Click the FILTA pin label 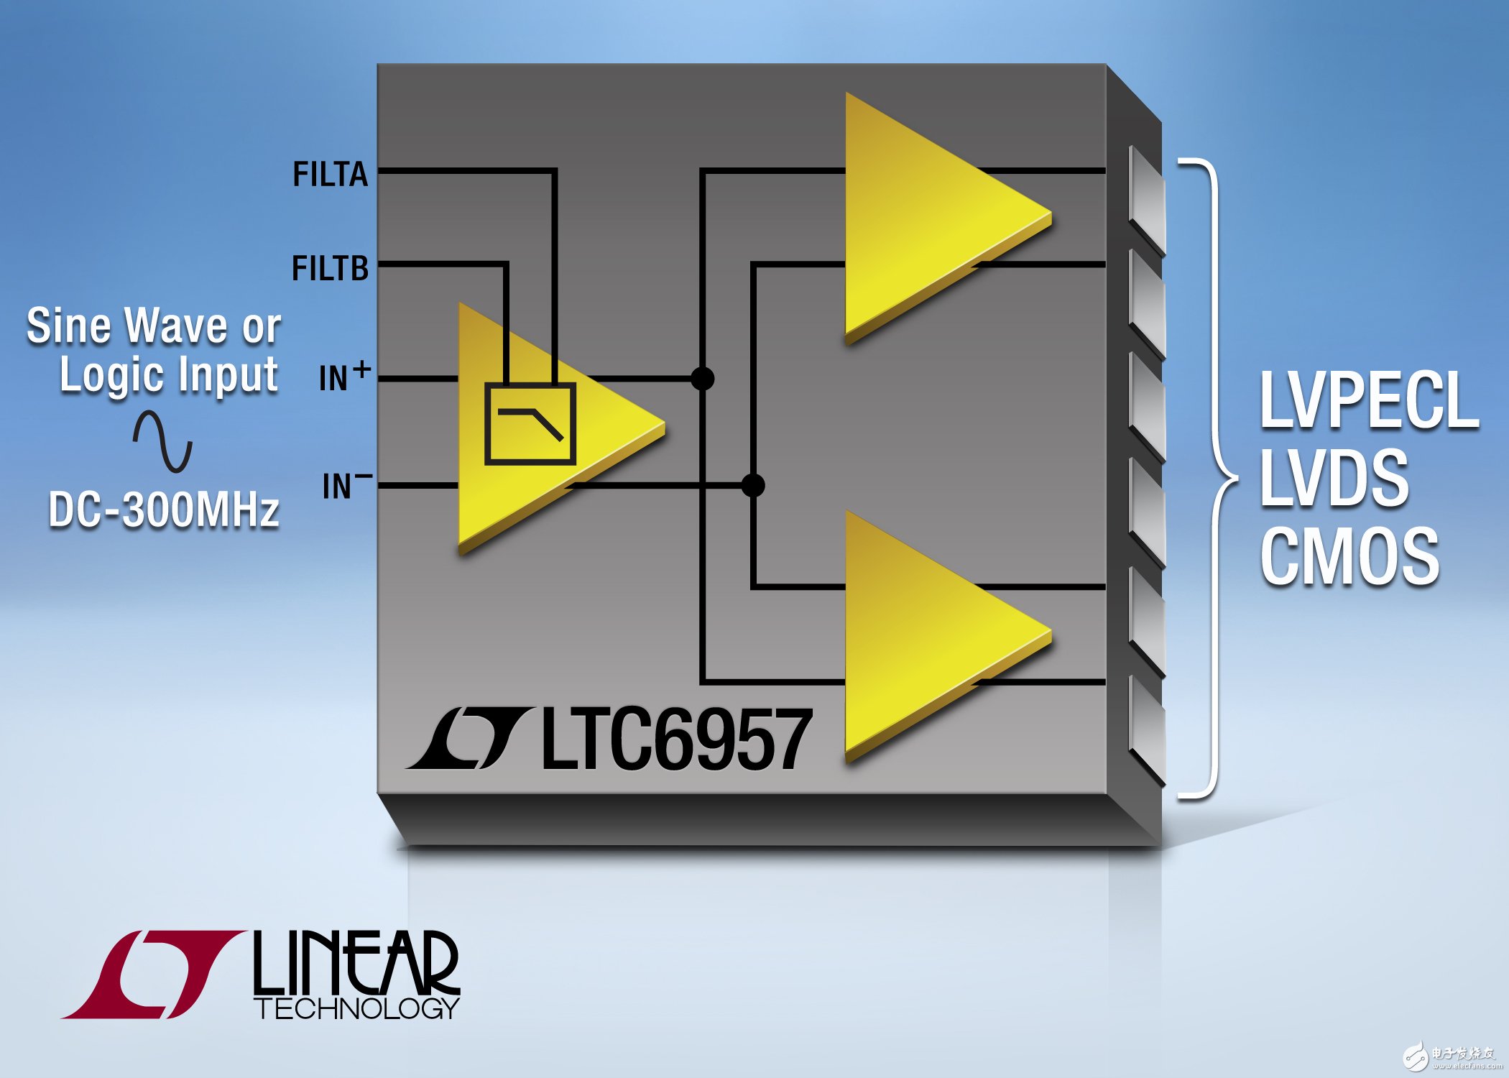click(330, 174)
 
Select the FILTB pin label click(330, 268)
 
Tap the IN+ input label click(344, 377)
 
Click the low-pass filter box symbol click(530, 424)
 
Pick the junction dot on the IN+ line click(702, 378)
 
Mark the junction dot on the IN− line click(752, 486)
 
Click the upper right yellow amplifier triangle click(927, 216)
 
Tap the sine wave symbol click(162, 441)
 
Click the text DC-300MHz click(164, 510)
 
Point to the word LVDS click(1334, 478)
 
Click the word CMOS click(1349, 556)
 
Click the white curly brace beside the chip click(1214, 477)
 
